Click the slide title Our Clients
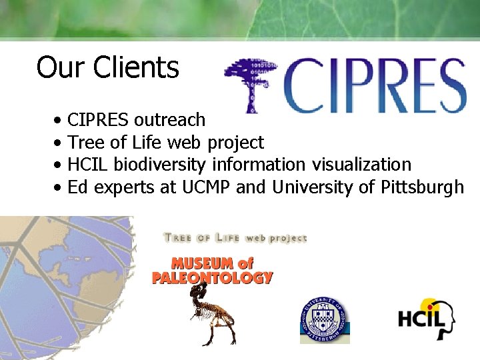(107, 67)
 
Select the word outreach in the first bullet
(169, 120)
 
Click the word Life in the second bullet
(146, 143)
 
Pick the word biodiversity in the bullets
(162, 165)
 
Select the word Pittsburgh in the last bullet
(422, 187)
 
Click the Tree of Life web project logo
(235, 238)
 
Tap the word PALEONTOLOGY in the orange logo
(212, 277)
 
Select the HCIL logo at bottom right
(427, 319)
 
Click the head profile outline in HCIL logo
(445, 319)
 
